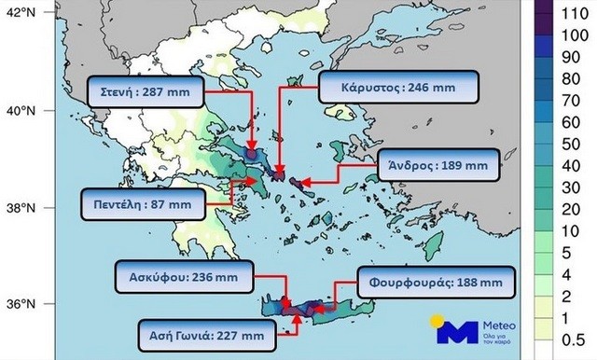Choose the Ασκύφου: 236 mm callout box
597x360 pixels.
[174, 276]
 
